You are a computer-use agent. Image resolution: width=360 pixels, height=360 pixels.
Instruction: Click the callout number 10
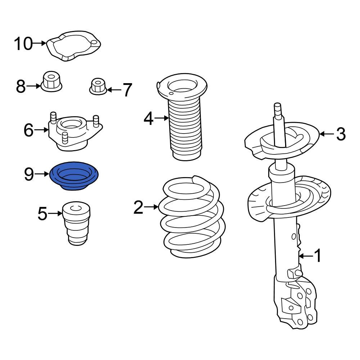click(x=23, y=44)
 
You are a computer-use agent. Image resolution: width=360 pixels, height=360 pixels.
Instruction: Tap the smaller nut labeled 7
click(x=98, y=87)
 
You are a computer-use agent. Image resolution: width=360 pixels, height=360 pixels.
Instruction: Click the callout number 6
click(x=29, y=130)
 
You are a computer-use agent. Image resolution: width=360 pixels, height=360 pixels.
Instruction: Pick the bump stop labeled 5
click(x=76, y=225)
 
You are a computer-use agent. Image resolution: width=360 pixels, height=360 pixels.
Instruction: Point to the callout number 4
click(x=149, y=118)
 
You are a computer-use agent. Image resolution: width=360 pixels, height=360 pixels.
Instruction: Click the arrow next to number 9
click(x=42, y=174)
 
